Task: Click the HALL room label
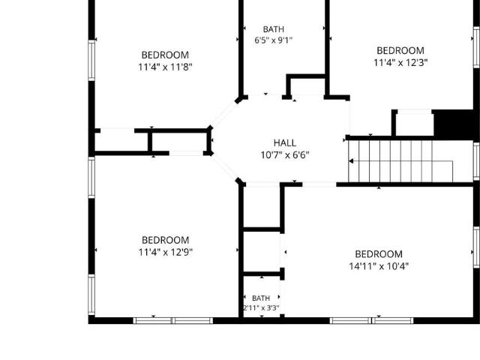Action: coord(285,143)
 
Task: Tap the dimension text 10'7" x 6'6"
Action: coord(285,155)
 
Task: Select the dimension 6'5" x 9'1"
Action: coord(273,40)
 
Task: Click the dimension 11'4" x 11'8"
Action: coord(165,67)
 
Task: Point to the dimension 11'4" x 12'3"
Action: coord(400,63)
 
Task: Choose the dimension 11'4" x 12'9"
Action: coord(165,253)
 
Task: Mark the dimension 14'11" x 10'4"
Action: coord(379,266)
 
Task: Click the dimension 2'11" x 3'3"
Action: coord(261,308)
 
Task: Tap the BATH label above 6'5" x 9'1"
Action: coord(273,29)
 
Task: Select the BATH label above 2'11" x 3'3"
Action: coord(261,298)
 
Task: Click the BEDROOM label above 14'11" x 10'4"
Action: coord(379,254)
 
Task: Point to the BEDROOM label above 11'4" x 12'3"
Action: coord(400,50)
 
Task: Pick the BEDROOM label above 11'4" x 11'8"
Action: coord(165,55)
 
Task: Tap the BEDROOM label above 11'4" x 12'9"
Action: coord(165,240)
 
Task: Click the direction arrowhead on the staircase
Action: coord(351,161)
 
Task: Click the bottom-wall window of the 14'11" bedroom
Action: coord(372,321)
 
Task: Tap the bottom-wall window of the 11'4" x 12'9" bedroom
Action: coord(173,321)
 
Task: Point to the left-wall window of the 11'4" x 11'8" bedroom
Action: coord(91,61)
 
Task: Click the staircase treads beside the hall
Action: coord(400,161)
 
